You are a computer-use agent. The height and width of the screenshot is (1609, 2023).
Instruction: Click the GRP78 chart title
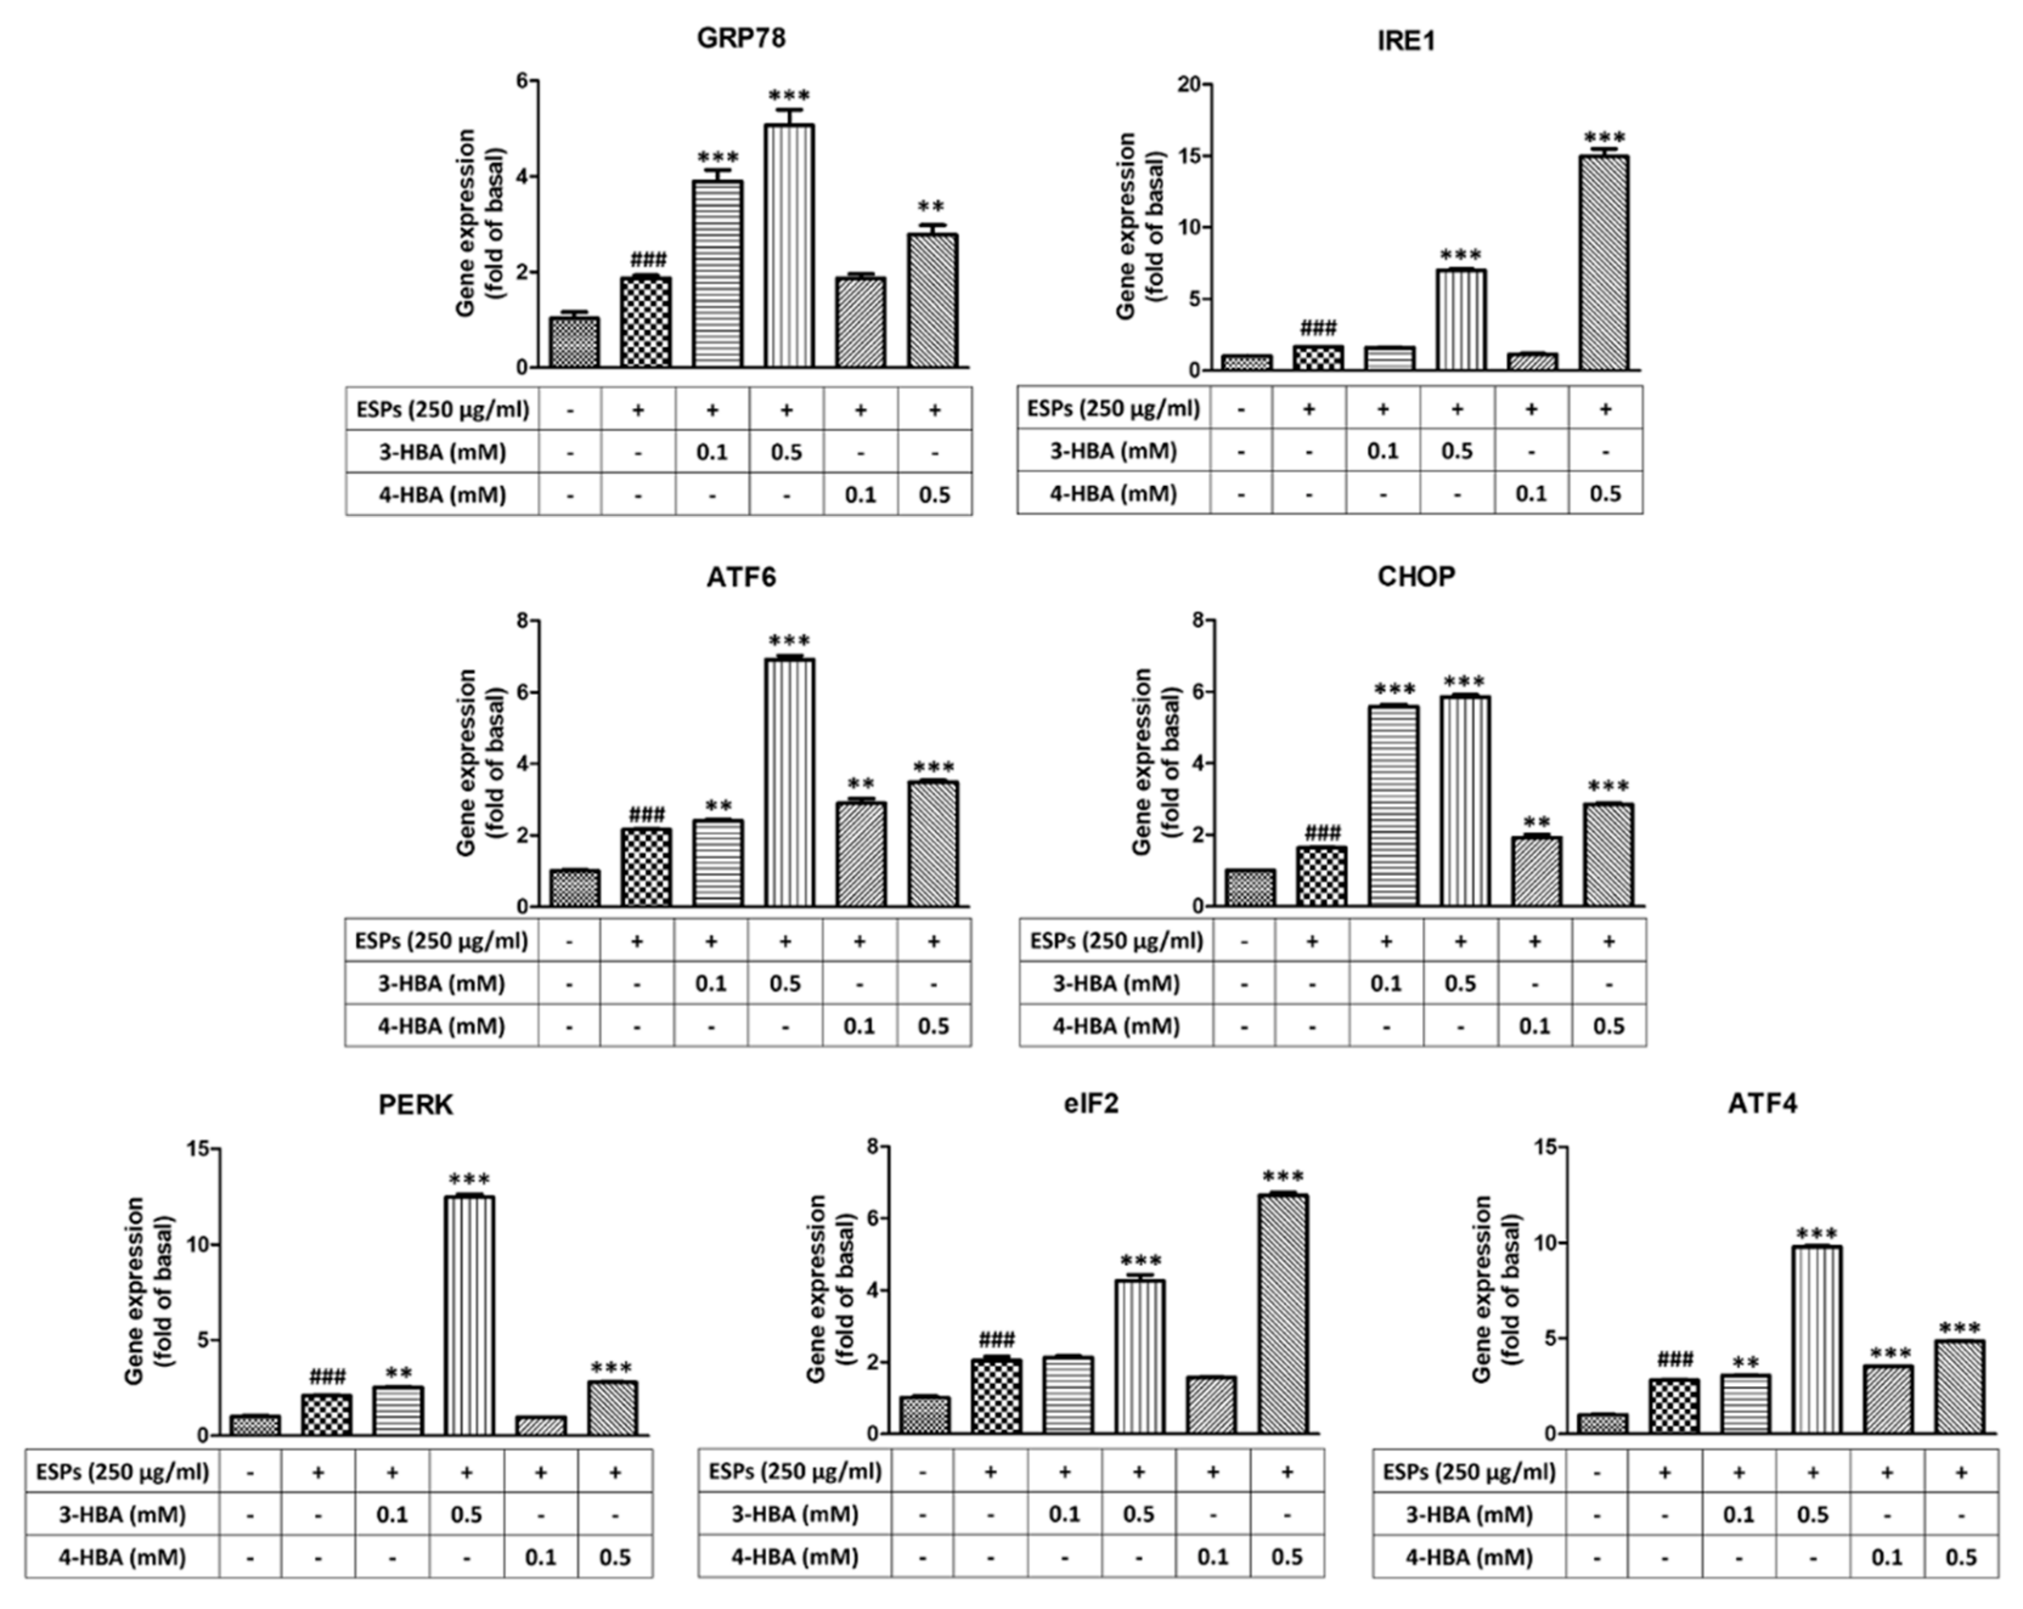740,38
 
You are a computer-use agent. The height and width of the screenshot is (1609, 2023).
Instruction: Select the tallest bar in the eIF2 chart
1283,1314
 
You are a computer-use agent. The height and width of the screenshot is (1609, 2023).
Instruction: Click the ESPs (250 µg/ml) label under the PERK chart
122,1471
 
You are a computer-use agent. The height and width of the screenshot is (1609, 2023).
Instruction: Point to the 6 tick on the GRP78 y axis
522,81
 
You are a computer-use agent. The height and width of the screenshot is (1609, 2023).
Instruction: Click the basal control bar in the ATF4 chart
1602,1423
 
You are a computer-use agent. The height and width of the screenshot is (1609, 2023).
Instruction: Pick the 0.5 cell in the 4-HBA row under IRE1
1605,493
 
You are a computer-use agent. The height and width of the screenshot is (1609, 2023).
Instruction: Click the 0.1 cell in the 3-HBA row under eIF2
1064,1514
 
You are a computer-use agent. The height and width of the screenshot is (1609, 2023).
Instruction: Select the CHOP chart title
1415,576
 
